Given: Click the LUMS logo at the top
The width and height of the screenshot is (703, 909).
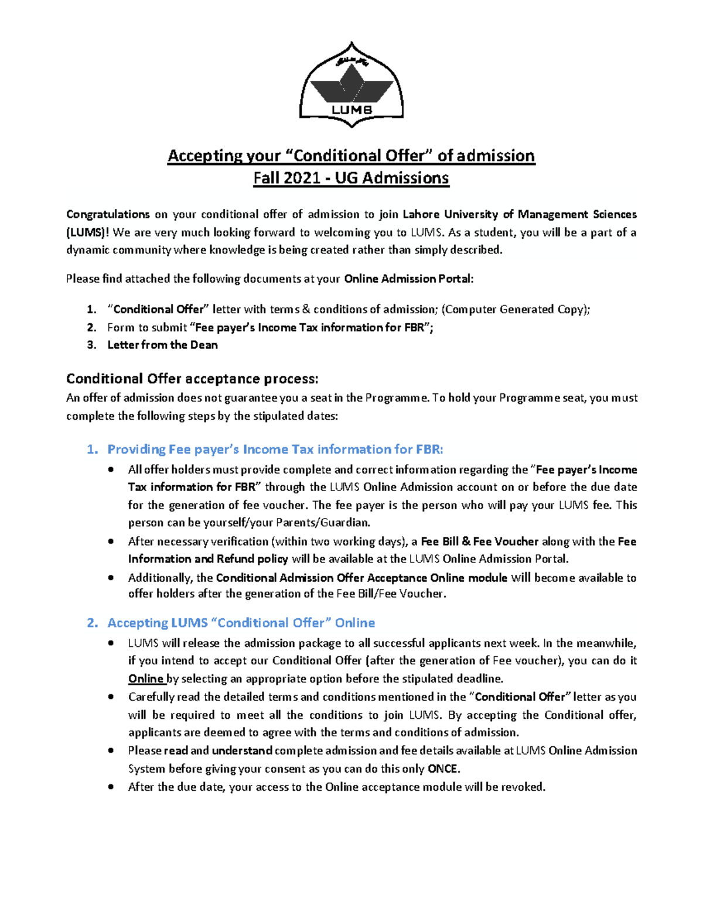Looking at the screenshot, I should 351,85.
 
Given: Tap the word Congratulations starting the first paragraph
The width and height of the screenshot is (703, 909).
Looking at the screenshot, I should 108,214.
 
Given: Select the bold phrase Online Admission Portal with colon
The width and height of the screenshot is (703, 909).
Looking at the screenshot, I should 408,279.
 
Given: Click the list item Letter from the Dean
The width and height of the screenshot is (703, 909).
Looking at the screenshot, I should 162,345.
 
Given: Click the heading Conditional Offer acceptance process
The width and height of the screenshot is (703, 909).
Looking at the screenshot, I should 192,379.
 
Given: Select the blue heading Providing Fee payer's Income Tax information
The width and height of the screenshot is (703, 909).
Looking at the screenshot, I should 275,449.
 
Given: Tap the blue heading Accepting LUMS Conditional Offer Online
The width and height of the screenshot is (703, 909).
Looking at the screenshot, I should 241,623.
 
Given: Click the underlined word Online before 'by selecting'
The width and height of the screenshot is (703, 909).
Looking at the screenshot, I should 146,679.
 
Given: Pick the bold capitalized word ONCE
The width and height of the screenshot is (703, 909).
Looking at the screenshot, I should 443,769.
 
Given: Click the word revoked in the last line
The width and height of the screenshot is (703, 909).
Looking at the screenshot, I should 523,787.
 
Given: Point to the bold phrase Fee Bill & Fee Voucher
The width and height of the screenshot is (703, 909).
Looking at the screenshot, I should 479,541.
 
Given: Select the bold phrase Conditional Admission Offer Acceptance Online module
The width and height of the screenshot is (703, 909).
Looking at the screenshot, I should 361,578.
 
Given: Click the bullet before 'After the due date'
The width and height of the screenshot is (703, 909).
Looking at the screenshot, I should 111,787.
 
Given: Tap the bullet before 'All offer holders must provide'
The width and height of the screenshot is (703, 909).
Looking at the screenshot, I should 111,469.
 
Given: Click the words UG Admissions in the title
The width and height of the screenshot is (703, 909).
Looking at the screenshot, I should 391,178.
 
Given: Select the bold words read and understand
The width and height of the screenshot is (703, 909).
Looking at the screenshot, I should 218,750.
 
